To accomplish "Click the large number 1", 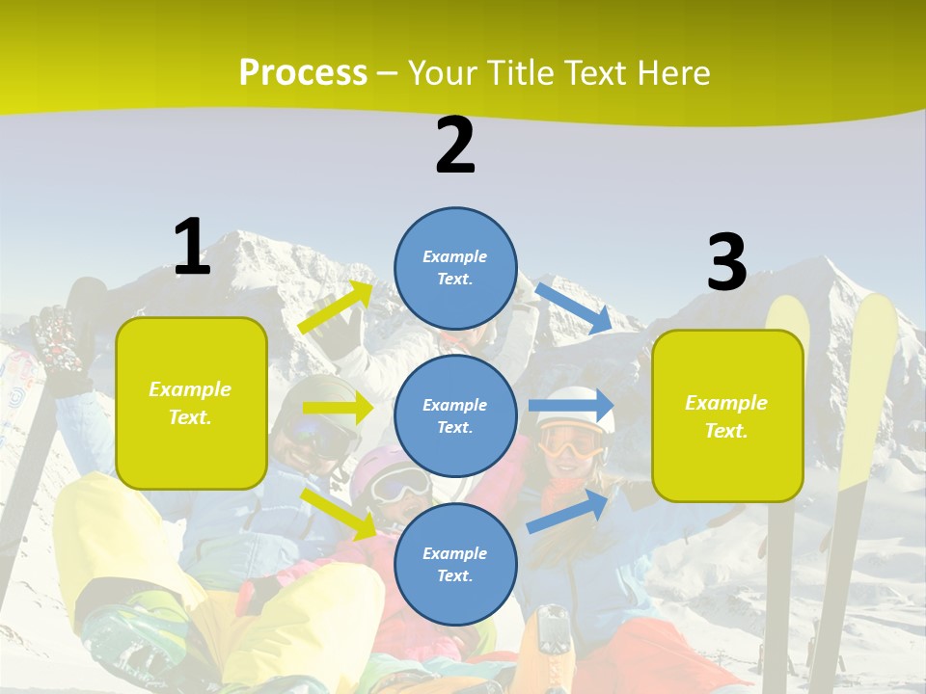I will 192,247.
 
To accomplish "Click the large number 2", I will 455,146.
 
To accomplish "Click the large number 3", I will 726,263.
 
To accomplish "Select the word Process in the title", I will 303,73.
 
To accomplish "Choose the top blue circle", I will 455,268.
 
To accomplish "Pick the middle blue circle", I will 455,415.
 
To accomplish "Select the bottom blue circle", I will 455,564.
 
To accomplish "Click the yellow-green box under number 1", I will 191,403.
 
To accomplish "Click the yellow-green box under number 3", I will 727,415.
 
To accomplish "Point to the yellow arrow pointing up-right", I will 336,307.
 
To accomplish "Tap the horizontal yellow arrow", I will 338,408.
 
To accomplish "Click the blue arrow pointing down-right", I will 574,307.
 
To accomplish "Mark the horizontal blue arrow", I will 571,406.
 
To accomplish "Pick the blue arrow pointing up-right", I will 568,511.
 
